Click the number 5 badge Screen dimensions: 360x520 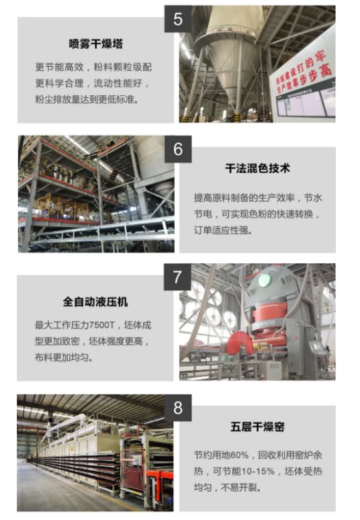tap(178, 19)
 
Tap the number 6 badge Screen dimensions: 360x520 tap(178, 149)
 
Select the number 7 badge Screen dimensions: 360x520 tap(177, 277)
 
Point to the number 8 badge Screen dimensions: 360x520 tap(178, 408)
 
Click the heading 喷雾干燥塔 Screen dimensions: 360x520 tap(96, 44)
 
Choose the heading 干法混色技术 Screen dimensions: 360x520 tap(257, 168)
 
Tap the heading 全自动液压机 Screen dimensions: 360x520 tap(95, 302)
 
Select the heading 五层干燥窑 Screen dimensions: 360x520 tap(257, 427)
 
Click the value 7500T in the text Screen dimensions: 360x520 tap(102, 325)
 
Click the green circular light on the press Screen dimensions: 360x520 tap(264, 280)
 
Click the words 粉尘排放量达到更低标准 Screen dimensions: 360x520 tap(87, 99)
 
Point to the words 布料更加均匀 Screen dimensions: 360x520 tap(63, 357)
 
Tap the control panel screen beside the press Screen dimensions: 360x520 tap(316, 347)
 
